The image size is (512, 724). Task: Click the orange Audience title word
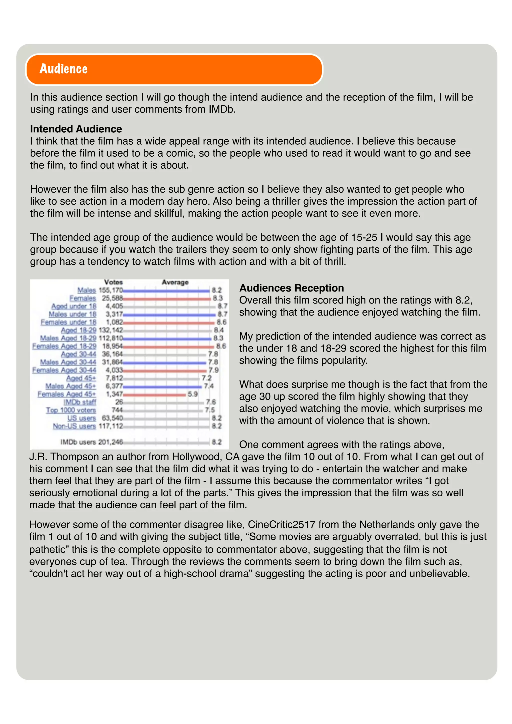(63, 69)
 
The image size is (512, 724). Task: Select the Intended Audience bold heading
(76, 129)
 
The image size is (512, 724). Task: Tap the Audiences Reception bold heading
(291, 288)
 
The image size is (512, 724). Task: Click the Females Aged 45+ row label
(66, 394)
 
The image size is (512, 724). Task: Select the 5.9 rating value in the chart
(192, 394)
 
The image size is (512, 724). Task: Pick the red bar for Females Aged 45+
(154, 394)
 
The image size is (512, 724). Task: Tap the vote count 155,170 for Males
(110, 290)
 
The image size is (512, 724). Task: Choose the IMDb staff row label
(79, 402)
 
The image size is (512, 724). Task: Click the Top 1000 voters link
(71, 410)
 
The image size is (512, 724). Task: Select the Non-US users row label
(74, 426)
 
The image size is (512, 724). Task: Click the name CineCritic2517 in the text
(281, 524)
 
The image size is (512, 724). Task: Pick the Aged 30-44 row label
(78, 354)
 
